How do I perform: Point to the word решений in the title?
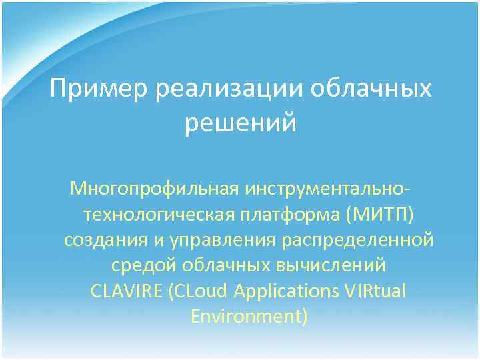240,124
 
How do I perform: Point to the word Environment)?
249,316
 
